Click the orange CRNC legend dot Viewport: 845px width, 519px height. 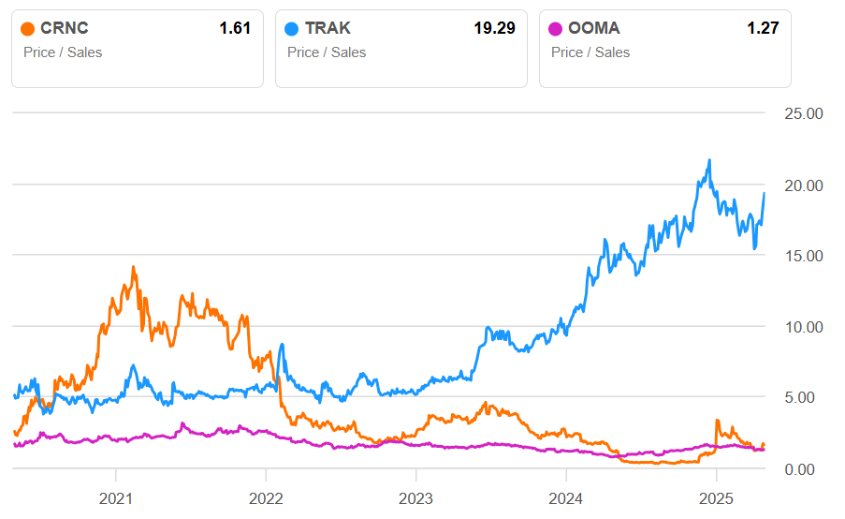(x=27, y=29)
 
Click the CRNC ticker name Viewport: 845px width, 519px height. (x=64, y=29)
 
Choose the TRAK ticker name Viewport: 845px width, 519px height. (x=328, y=29)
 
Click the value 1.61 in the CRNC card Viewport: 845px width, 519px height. (x=235, y=29)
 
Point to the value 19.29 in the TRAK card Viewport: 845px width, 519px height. (x=494, y=29)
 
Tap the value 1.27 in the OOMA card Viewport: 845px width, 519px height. (x=763, y=29)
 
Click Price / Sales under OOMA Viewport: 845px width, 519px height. (x=590, y=52)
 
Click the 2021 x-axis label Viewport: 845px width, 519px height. (x=116, y=497)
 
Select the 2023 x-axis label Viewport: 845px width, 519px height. (x=415, y=497)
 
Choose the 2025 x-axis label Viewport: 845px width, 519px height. (x=716, y=497)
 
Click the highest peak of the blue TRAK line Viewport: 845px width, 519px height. (x=709, y=160)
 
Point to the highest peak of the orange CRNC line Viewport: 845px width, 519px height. (x=133, y=267)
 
